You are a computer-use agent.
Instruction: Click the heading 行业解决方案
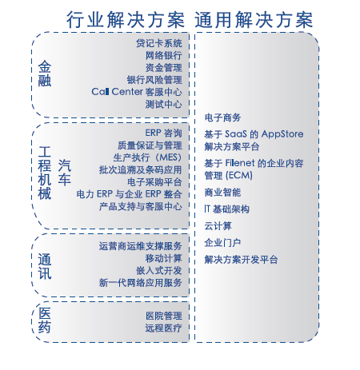pos(126,20)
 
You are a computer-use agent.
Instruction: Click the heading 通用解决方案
pos(254,20)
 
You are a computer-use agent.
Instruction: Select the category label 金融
pos(45,74)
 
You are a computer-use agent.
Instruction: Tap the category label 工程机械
pos(45,173)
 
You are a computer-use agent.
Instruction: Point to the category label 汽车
pos(65,173)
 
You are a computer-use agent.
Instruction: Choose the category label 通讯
pos(45,267)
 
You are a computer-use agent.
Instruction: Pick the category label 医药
pos(45,320)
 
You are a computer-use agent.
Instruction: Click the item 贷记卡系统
pos(159,43)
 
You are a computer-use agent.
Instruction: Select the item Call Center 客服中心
pos(137,92)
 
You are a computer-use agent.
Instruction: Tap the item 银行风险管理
pos(154,80)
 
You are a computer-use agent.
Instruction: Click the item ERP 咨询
pos(164,133)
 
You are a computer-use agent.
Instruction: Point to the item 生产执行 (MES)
pos(147,157)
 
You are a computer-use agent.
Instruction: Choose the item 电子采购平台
pos(154,182)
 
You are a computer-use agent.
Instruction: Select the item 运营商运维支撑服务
pos(141,246)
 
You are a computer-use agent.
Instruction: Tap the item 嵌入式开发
pos(159,270)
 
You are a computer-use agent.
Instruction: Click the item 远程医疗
pos(164,328)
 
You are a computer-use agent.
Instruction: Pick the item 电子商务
pos(222,117)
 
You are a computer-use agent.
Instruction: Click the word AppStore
pos(282,134)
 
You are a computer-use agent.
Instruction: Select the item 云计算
pos(218,226)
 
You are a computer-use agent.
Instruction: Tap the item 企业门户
pos(222,243)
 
